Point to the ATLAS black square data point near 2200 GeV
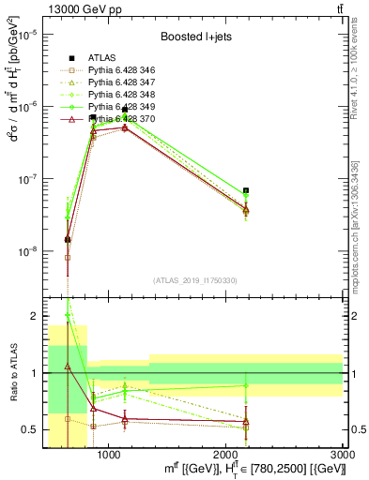pos(246,190)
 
